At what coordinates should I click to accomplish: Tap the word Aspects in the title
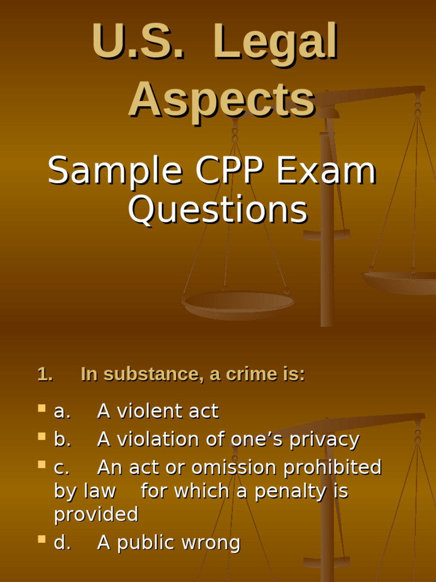221,100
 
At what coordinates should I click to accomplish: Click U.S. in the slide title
138,42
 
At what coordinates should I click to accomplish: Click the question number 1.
45,374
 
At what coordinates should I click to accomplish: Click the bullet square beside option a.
41,408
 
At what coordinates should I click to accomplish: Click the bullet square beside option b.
41,436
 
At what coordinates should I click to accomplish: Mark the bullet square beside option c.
41,464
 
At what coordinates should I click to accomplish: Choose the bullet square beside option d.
41,539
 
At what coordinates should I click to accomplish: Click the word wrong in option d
211,543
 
